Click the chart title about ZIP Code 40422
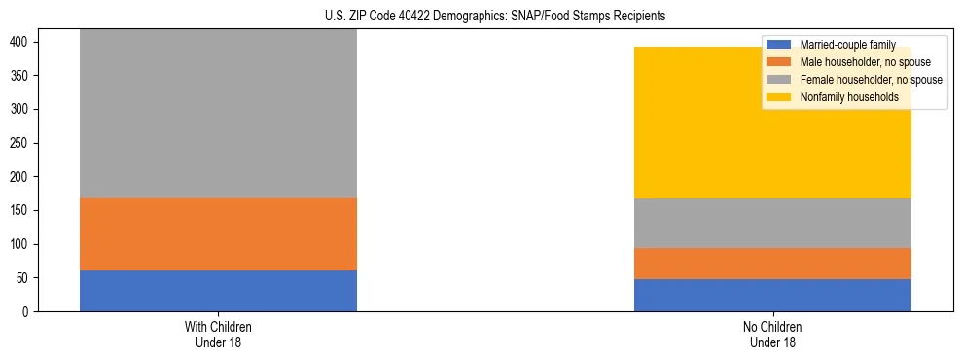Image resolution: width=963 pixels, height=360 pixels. click(x=481, y=17)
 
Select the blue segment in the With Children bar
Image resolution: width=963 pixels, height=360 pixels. click(x=218, y=291)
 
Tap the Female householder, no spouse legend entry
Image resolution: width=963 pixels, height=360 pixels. click(x=870, y=80)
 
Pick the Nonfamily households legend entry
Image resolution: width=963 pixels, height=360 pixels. click(x=848, y=97)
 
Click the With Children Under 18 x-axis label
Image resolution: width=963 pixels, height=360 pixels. click(x=218, y=334)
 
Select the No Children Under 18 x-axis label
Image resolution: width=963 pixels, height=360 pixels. click(x=772, y=334)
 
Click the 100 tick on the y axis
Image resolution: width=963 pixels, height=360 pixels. click(x=26, y=244)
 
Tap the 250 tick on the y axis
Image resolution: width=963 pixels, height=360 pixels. click(x=26, y=143)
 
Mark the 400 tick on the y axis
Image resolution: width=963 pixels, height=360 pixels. click(x=26, y=42)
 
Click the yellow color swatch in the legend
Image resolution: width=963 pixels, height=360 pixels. click(x=779, y=97)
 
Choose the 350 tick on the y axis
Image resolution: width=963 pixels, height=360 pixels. click(x=26, y=76)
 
